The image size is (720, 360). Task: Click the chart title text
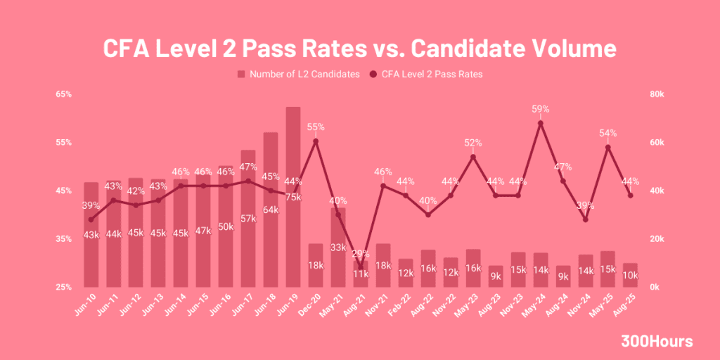pos(360,49)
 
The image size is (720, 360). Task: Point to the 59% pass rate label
pos(540,109)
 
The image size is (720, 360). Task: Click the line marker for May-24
pos(540,124)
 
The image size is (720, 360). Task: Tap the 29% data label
pos(360,253)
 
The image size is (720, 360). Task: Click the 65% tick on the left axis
pos(63,94)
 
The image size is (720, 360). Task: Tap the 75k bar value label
pos(293,197)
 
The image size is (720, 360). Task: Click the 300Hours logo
pos(657,342)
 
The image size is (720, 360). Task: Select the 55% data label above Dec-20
pos(316,127)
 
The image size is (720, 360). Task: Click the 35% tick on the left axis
pos(63,239)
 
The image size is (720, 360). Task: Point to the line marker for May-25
pos(608,148)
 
